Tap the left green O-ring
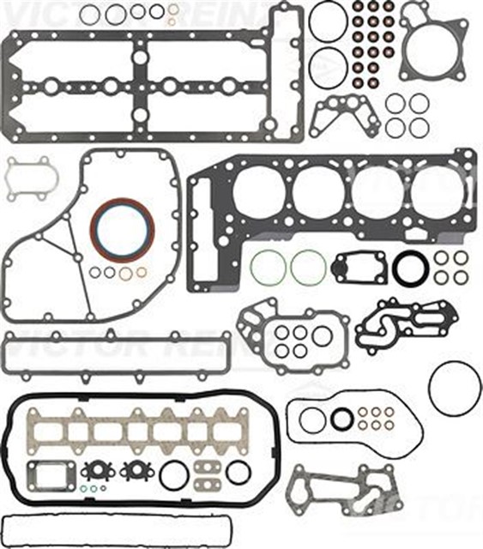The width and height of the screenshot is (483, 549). pos(269,268)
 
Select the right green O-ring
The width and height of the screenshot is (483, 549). pos(307,268)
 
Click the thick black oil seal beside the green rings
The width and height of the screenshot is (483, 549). pos(410,268)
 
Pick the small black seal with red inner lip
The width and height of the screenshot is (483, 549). pos(341,419)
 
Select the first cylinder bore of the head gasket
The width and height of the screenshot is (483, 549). pos(257,190)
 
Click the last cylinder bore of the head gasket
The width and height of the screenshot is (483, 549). pos(436,190)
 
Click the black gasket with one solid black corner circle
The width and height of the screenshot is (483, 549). pos(358,267)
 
